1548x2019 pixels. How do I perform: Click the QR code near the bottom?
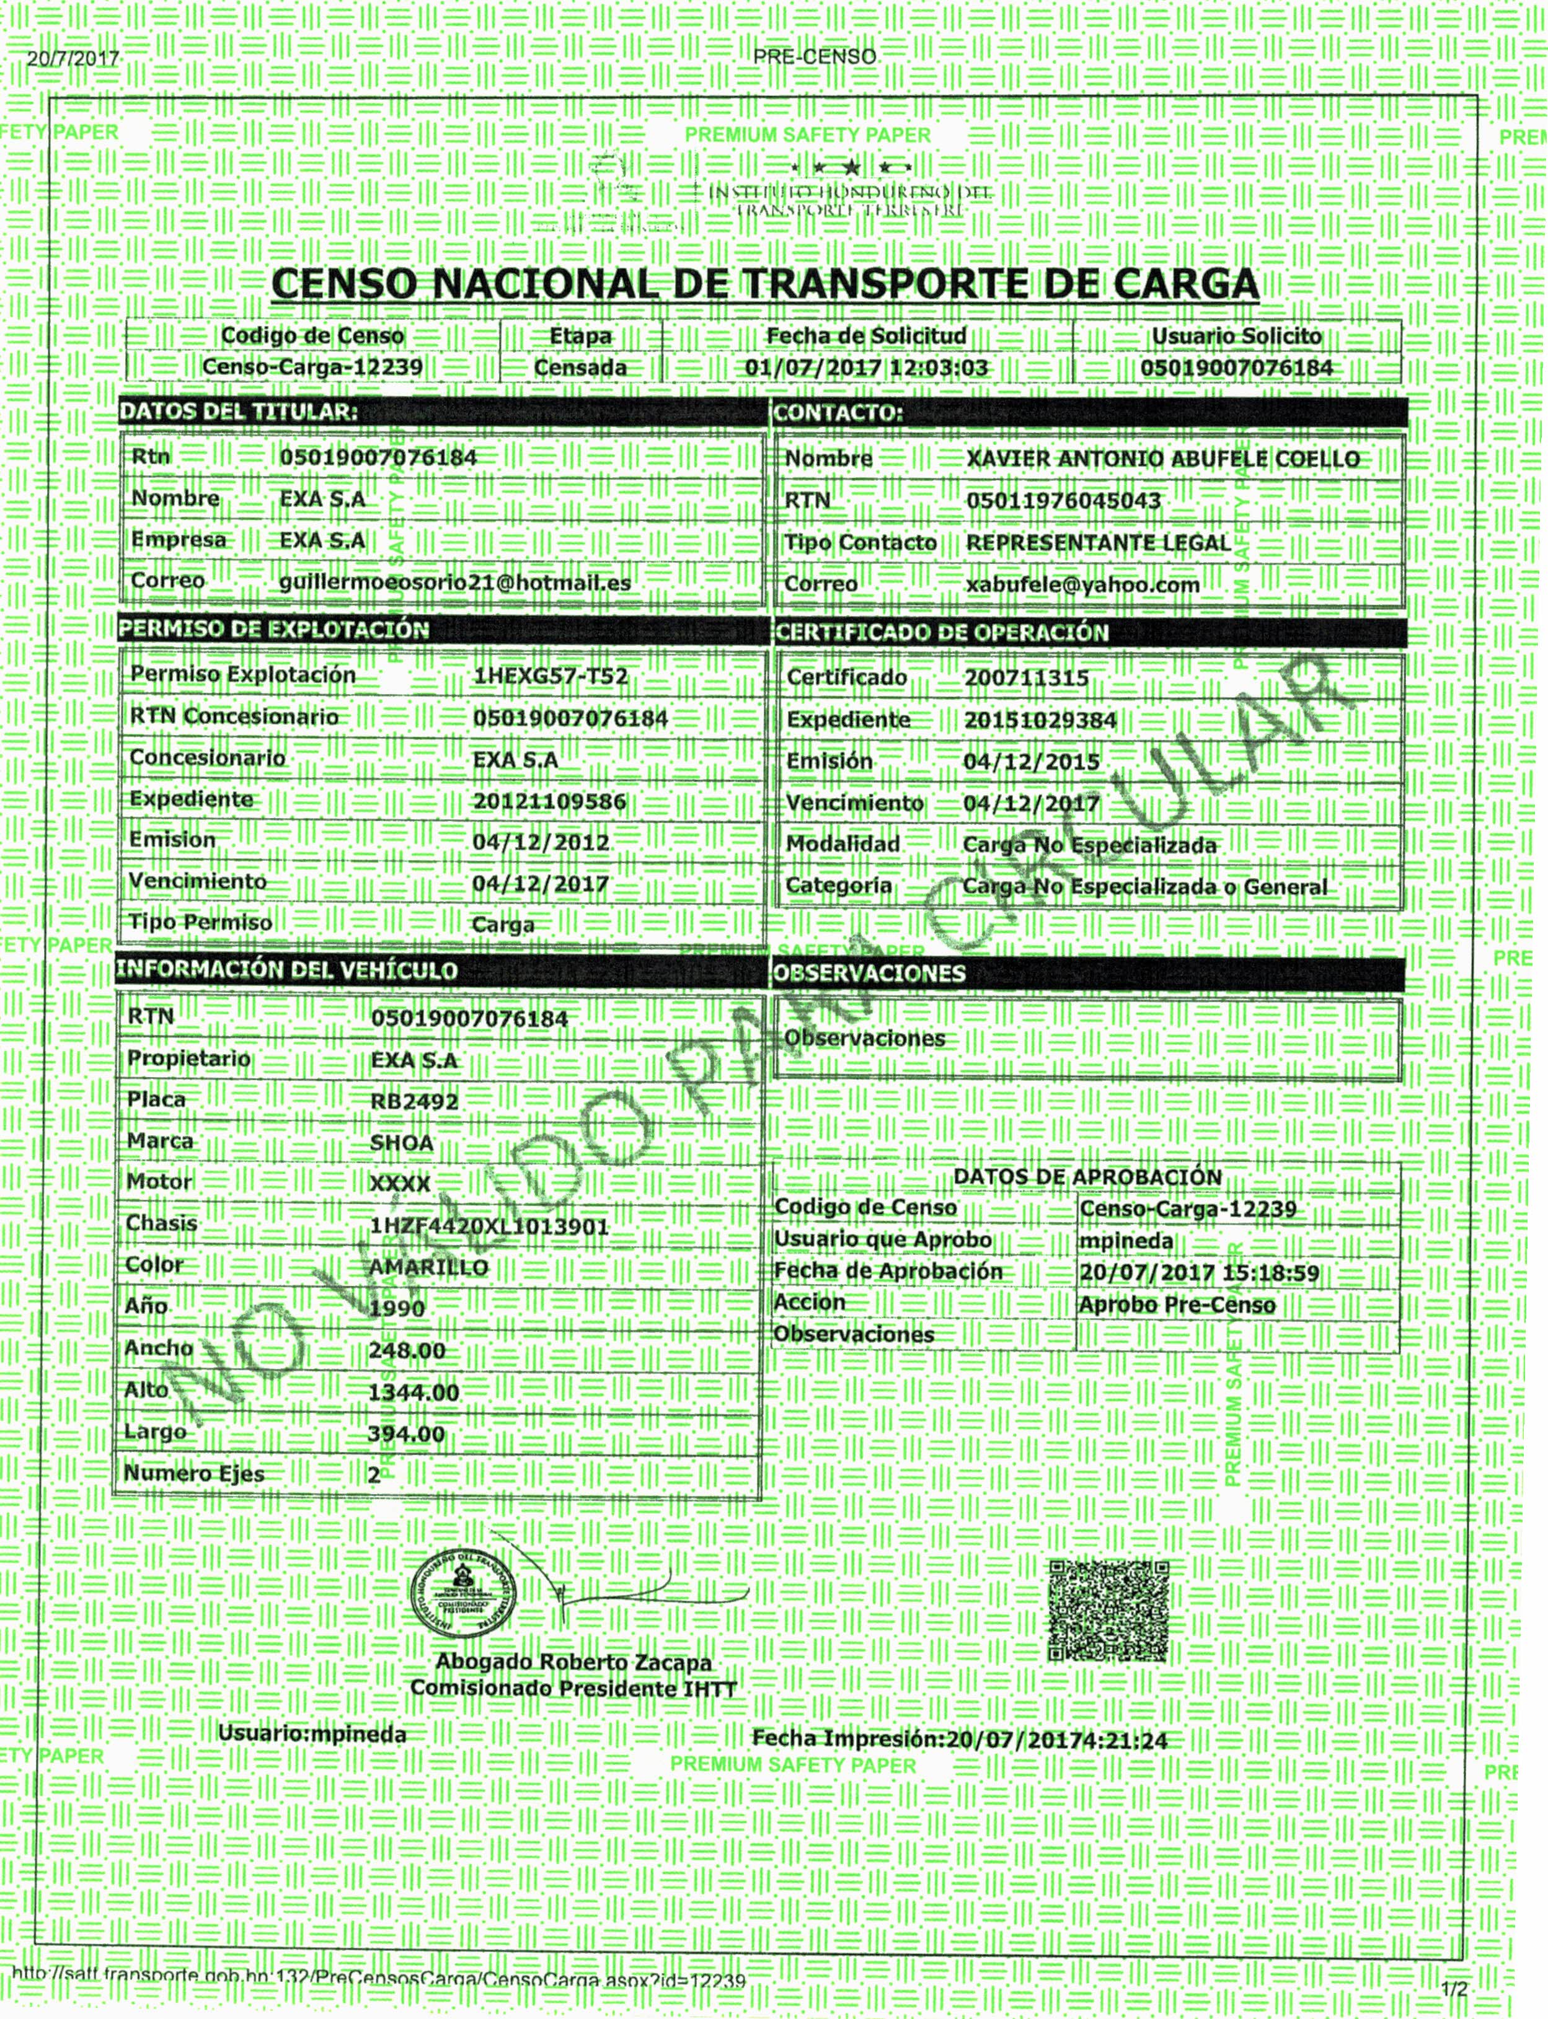pos(1108,1611)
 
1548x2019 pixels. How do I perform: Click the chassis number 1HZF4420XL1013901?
pos(489,1226)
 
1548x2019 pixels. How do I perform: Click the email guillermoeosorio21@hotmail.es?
pos(455,582)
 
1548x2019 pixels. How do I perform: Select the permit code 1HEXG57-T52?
pos(550,676)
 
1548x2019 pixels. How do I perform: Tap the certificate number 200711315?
pos(1027,678)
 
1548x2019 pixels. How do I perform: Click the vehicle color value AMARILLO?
pos(428,1267)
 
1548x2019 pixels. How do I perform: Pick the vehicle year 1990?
pos(397,1308)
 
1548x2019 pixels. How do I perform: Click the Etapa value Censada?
pos(580,367)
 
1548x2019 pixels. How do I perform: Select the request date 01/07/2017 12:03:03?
pos(866,367)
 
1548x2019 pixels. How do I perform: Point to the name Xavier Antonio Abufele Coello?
pos(1163,459)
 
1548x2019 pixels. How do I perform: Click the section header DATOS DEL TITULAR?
pos(237,411)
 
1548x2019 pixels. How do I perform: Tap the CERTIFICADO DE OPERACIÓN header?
pos(942,632)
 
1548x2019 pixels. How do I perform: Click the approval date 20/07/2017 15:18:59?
pos(1200,1273)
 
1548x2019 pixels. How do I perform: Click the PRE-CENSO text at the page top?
pos(815,56)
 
